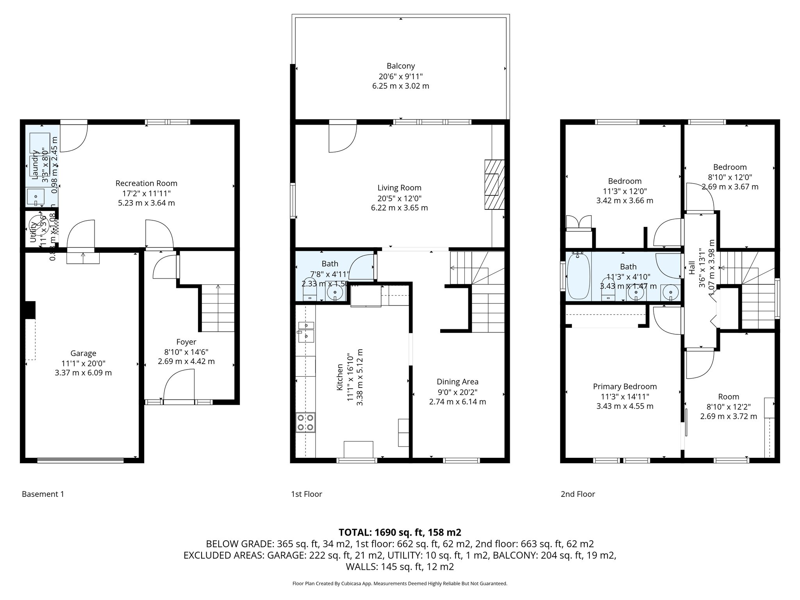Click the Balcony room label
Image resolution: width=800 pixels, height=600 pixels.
tap(400, 66)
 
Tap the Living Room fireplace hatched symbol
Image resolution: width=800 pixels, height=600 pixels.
tap(494, 185)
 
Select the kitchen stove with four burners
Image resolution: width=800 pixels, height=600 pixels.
tap(305, 422)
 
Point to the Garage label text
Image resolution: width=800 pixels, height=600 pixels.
tap(83, 354)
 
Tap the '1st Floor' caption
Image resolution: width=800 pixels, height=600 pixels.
tap(306, 494)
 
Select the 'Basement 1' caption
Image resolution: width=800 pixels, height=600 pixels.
tap(43, 494)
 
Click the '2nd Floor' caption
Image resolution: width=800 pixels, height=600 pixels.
tap(578, 494)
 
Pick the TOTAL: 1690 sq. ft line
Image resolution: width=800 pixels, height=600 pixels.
tap(400, 532)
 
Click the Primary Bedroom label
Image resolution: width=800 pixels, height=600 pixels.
tap(625, 386)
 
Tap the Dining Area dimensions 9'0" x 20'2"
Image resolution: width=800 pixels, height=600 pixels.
tap(457, 392)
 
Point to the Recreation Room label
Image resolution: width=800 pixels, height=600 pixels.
tap(146, 183)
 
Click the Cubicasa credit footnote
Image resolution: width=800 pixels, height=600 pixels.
tap(400, 584)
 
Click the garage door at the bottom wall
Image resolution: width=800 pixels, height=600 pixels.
tap(80, 461)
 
